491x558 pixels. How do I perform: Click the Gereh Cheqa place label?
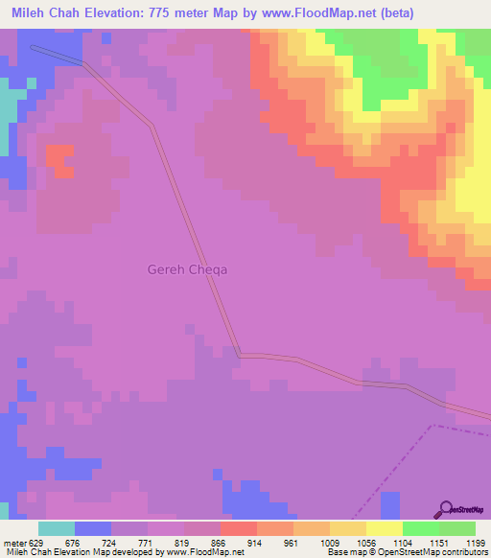pyautogui.click(x=188, y=269)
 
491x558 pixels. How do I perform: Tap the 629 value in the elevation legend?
pyautogui.click(x=35, y=542)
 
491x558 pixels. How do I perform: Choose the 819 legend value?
pyautogui.click(x=185, y=542)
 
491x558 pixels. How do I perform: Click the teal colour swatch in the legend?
pyautogui.click(x=57, y=528)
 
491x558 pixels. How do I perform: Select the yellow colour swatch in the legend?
pyautogui.click(x=385, y=528)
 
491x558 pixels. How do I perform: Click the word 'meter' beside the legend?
pyautogui.click(x=13, y=542)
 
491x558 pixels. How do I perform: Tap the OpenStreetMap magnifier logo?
pyautogui.click(x=446, y=510)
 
